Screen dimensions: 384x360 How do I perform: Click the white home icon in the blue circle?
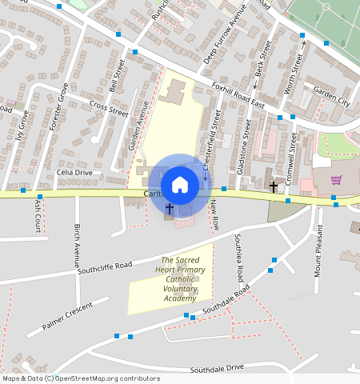(x=180, y=185)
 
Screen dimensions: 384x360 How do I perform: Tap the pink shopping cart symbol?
(x=337, y=180)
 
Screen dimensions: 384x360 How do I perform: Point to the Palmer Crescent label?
(x=74, y=314)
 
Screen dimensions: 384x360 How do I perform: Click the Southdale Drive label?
(x=217, y=369)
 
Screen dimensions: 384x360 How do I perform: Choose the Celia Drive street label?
(x=75, y=173)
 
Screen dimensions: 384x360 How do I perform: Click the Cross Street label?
(x=109, y=108)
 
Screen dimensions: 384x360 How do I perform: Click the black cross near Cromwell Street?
(x=274, y=186)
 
